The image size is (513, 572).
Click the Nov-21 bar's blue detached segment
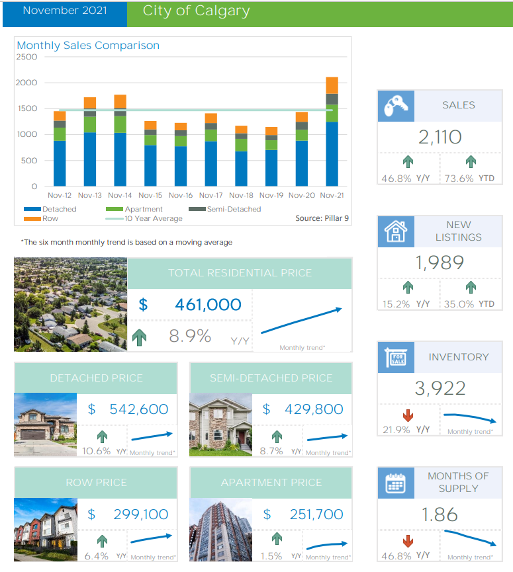[x=332, y=153]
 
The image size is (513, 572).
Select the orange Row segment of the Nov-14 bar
[x=120, y=101]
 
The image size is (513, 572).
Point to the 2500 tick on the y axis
[x=27, y=57]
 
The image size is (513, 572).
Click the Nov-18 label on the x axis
[x=241, y=196]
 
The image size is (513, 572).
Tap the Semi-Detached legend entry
[x=232, y=209]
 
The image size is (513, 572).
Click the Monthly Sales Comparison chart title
[x=88, y=46]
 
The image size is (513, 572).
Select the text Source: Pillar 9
[x=321, y=218]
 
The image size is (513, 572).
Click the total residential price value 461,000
[x=208, y=305]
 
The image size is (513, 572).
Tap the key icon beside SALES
[x=396, y=106]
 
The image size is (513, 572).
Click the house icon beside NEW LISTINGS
[x=396, y=231]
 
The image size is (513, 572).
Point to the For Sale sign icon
[x=396, y=358]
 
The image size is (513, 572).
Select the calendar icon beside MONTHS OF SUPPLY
[x=396, y=483]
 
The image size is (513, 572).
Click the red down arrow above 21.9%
[x=408, y=415]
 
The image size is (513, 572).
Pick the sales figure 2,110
[x=440, y=138]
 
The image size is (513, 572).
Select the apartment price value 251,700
[x=316, y=514]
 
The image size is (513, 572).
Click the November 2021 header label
[x=64, y=11]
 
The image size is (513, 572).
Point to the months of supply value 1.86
[x=440, y=514]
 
